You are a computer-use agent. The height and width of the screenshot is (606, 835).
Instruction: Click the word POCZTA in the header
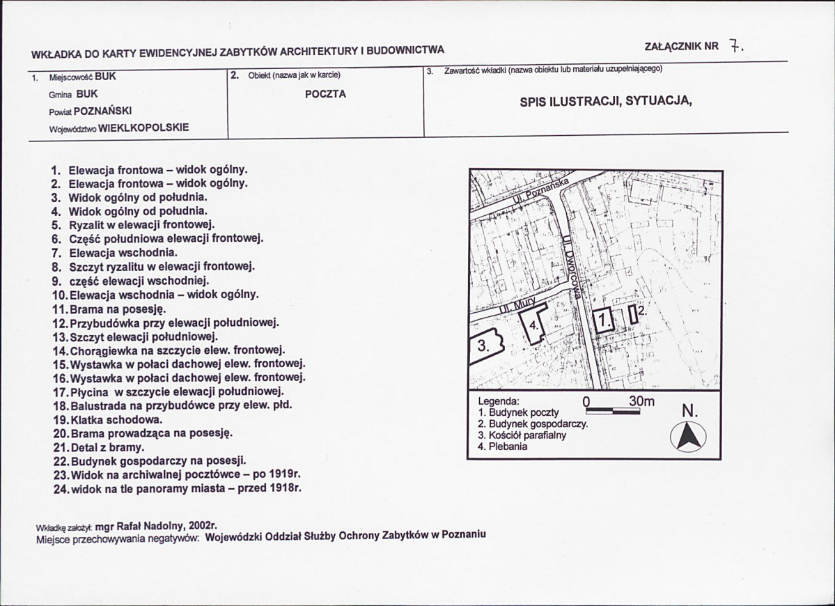(x=325, y=94)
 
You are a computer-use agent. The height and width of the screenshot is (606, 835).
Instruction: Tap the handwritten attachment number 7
(x=735, y=47)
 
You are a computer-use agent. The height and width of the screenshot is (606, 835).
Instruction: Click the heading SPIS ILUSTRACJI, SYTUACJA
(x=606, y=101)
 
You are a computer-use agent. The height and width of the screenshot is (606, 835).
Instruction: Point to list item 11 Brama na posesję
(x=110, y=309)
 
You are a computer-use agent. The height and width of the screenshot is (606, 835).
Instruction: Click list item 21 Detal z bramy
(x=99, y=447)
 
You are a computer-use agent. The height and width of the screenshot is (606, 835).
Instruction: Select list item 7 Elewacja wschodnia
(x=114, y=252)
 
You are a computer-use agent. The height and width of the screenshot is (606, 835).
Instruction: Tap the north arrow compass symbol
(x=688, y=437)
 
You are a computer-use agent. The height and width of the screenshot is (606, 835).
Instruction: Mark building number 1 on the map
(x=603, y=320)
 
